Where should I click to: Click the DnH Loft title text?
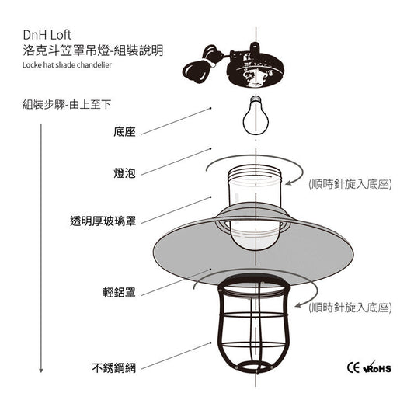click(x=47, y=35)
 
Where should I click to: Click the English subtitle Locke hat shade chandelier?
click(x=67, y=65)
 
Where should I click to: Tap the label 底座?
click(x=124, y=132)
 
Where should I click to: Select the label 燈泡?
click(x=124, y=173)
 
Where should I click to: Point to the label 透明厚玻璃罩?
click(x=103, y=221)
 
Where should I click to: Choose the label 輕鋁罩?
click(x=120, y=293)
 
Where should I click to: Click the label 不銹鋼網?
click(x=114, y=368)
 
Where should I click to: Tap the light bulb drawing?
click(x=256, y=116)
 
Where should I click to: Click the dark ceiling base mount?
click(x=255, y=66)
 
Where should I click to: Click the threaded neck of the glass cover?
click(x=255, y=174)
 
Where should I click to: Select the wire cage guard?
click(x=253, y=323)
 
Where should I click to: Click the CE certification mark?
click(x=353, y=367)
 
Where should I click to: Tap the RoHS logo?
click(x=377, y=367)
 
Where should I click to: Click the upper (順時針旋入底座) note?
click(x=350, y=184)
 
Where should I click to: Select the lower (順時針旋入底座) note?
click(x=350, y=308)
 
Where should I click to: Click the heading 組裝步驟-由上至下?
click(x=67, y=105)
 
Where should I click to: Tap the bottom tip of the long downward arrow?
click(x=41, y=372)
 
